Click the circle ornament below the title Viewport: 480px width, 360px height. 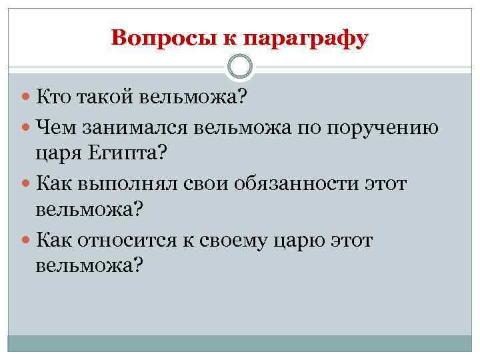[x=240, y=67]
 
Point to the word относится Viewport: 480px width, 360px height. [x=135, y=238]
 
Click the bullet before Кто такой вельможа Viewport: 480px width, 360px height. [x=27, y=99]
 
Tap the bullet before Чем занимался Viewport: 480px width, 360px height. [x=27, y=127]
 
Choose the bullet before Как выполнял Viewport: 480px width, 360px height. [x=27, y=182]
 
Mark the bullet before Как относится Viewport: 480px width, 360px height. [x=27, y=239]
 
